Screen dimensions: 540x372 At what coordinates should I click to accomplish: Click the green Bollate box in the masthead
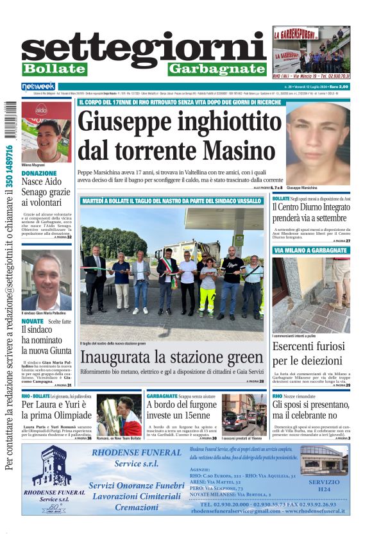(55, 69)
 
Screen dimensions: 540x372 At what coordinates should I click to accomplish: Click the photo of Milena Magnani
(46, 131)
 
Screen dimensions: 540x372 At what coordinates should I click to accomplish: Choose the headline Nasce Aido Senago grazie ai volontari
(46, 192)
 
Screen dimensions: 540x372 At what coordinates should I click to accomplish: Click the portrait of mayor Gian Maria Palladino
(46, 280)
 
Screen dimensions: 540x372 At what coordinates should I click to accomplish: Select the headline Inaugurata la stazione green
(171, 357)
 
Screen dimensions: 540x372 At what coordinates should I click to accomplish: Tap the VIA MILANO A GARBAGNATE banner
(310, 250)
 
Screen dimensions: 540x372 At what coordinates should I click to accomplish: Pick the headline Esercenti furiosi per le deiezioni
(311, 353)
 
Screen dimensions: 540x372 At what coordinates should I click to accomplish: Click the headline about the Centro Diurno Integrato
(311, 212)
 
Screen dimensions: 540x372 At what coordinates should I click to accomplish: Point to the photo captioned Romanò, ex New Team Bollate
(119, 416)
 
